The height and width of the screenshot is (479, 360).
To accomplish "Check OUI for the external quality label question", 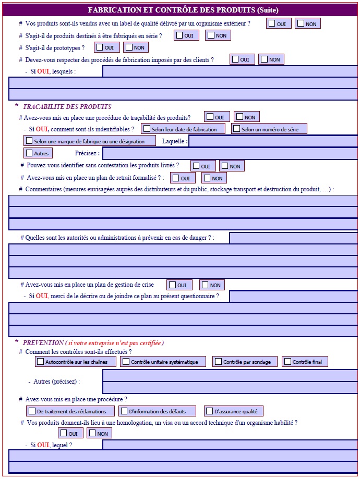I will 272,23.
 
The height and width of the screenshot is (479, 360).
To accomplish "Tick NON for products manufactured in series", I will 210,35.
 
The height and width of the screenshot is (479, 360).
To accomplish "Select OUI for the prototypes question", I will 100,47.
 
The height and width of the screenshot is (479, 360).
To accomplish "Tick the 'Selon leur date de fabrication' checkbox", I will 147,129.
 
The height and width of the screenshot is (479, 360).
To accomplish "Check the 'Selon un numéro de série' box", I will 236,129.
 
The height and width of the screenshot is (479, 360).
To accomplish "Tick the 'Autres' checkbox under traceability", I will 29,153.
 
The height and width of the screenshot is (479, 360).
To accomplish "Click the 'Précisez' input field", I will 230,153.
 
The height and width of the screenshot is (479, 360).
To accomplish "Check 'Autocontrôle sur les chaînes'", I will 40,361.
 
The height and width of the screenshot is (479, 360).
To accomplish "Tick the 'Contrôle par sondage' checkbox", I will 218,361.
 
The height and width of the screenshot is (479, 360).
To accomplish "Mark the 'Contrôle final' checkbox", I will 287,361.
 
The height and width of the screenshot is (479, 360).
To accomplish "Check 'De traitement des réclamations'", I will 32,411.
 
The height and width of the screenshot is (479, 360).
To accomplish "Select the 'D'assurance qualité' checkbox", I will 209,411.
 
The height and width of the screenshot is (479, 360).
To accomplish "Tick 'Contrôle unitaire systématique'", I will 125,361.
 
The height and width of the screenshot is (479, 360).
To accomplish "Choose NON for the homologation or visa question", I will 92,433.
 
